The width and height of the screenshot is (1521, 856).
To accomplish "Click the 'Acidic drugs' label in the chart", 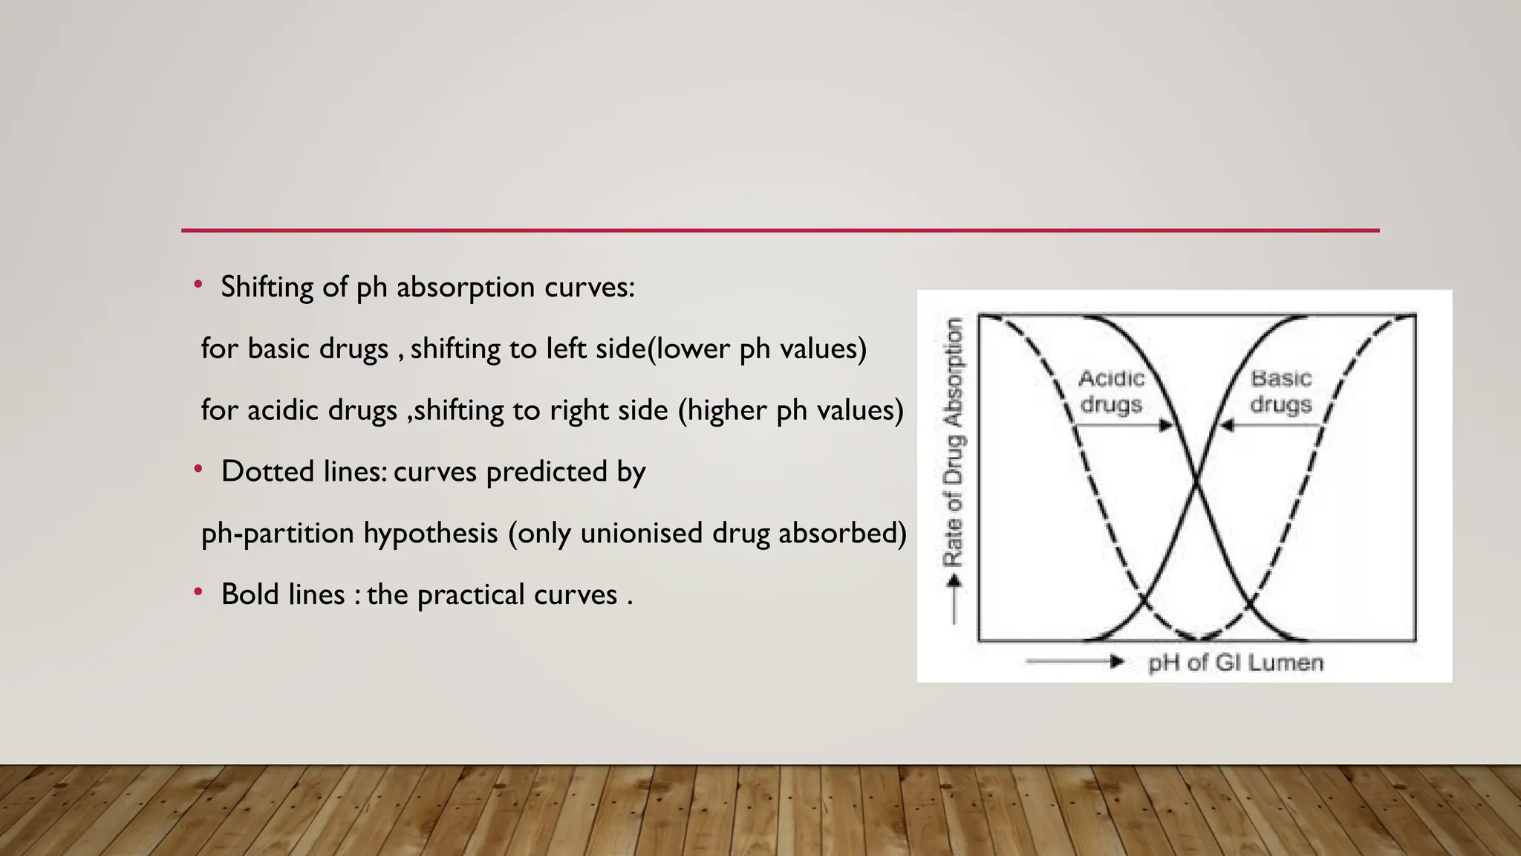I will pos(1111,392).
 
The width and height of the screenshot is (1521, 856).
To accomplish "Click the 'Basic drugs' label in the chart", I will pos(1281,392).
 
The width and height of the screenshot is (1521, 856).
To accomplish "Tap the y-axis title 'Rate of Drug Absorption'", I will pos(954,441).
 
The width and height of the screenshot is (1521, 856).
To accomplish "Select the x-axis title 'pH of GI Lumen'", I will pos(1235,663).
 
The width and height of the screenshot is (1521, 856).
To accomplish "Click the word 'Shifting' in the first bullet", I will pos(267,288).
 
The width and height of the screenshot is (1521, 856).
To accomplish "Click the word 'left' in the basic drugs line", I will pos(567,348).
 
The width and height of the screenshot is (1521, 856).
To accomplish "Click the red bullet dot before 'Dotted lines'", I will pos(198,470).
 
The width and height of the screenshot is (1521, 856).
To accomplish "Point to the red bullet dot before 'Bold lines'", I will pos(198,592).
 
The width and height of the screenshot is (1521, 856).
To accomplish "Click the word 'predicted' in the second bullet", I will pos(547,472).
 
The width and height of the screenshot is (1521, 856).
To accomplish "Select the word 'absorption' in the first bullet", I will pos(466,288).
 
